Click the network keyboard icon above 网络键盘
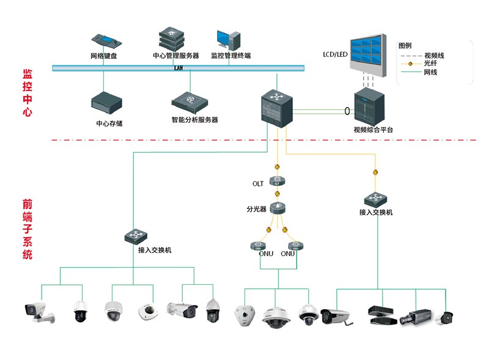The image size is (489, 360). click(108, 41)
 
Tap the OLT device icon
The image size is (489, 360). click(278, 182)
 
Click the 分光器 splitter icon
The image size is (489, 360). click(278, 208)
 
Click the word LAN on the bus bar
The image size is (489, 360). click(178, 68)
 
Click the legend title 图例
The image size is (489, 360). click(405, 46)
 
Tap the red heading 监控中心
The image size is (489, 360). click(27, 92)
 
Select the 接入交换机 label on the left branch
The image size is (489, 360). click(155, 250)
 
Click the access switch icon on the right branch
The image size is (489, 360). click(375, 199)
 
